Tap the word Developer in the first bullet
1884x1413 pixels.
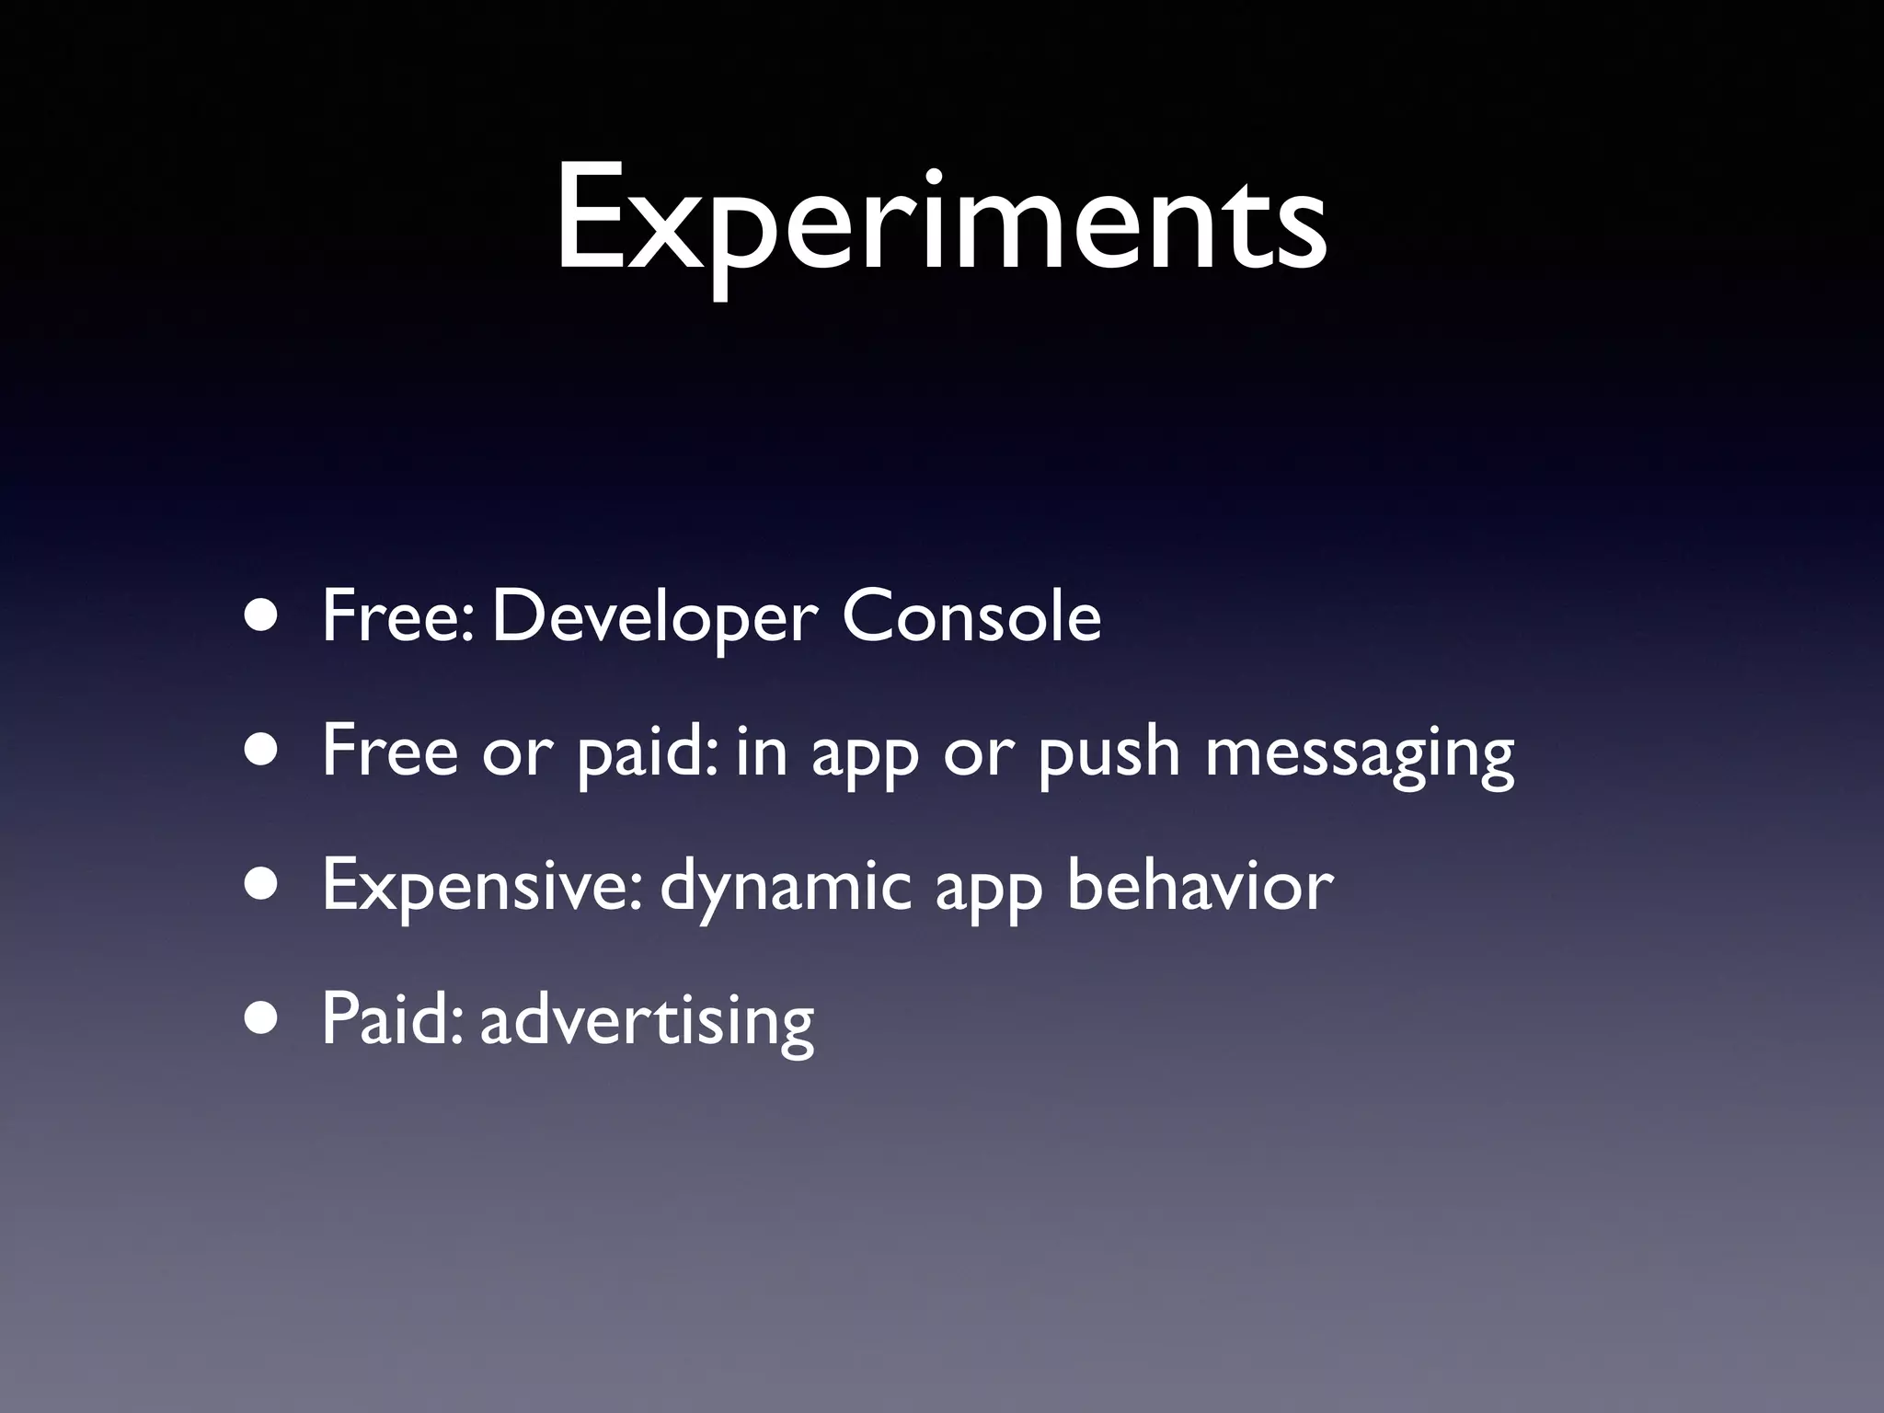coord(654,617)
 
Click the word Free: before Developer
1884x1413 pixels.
coord(397,615)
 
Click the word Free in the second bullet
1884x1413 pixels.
coord(389,751)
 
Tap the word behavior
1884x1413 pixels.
coord(1200,885)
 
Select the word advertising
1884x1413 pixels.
coord(647,1021)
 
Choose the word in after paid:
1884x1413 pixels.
coord(762,751)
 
